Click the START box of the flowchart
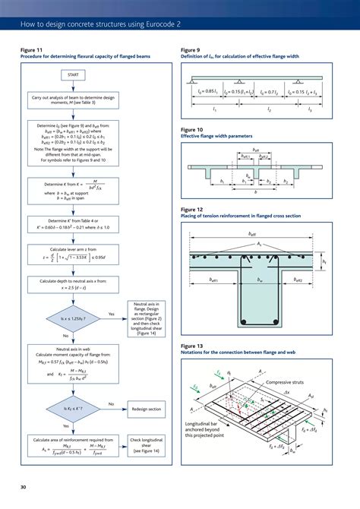pyautogui.click(x=73, y=75)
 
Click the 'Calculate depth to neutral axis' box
pyautogui.click(x=73, y=285)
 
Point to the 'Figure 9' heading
pyautogui.click(x=191, y=49)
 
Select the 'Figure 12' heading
pyautogui.click(x=192, y=209)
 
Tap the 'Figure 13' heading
pyautogui.click(x=192, y=346)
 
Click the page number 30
pyautogui.click(x=24, y=486)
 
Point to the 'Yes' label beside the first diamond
pyautogui.click(x=112, y=314)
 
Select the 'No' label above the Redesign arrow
pyautogui.click(x=112, y=403)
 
